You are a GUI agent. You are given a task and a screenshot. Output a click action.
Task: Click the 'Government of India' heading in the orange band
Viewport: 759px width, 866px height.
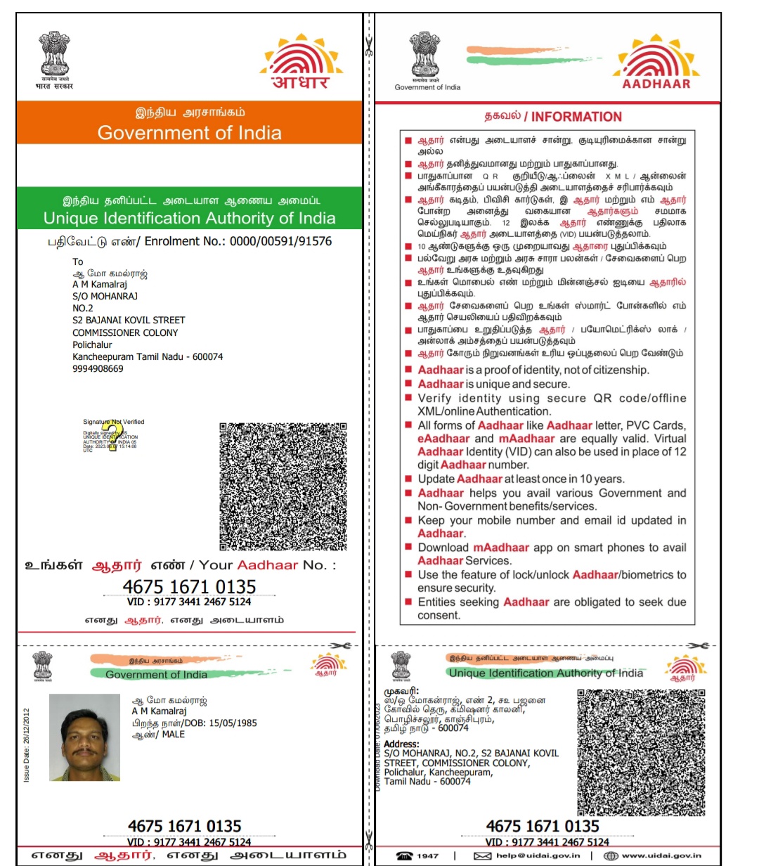point(189,133)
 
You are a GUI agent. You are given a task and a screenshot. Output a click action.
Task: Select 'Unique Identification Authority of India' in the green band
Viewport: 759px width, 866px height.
point(189,219)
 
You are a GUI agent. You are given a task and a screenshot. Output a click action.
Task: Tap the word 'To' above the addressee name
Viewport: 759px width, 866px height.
point(78,261)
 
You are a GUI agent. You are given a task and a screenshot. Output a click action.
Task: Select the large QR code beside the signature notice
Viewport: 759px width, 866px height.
point(283,486)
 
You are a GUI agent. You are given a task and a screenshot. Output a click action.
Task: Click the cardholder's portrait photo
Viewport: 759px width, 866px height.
point(84,737)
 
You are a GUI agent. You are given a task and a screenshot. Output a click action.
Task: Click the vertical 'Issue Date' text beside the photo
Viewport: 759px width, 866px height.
point(27,745)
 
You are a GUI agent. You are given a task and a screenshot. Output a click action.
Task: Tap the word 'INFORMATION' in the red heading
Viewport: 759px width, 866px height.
point(576,117)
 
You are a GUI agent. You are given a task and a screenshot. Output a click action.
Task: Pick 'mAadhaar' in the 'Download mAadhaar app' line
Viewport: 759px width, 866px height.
point(500,548)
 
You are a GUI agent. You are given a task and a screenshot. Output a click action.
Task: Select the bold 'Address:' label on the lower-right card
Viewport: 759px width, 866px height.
point(401,744)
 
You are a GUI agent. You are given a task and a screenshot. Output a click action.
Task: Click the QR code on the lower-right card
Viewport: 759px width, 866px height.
point(641,751)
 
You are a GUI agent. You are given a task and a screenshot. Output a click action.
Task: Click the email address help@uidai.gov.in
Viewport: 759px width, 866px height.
point(538,855)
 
